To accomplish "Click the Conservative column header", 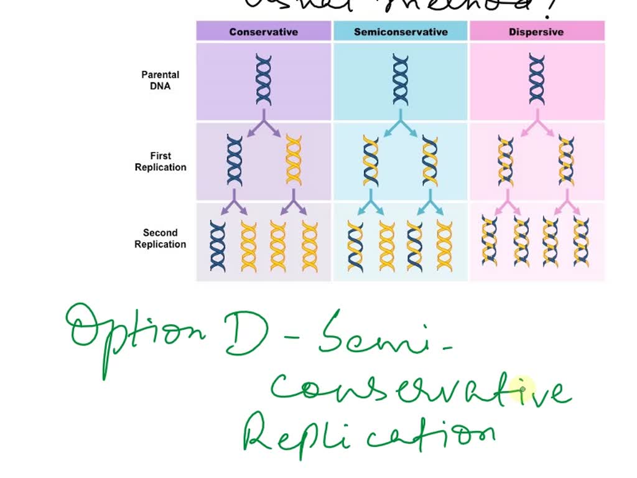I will pyautogui.click(x=263, y=32).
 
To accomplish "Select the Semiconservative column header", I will pyautogui.click(x=401, y=32).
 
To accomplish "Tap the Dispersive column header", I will pyautogui.click(x=536, y=32).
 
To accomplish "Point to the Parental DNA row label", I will pyautogui.click(x=160, y=80).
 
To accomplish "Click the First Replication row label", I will pyautogui.click(x=160, y=162).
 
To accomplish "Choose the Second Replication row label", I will pyautogui.click(x=160, y=238).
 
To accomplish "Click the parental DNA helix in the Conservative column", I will pyautogui.click(x=264, y=80).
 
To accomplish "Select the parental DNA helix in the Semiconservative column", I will pyautogui.click(x=401, y=80).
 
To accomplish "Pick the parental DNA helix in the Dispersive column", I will pyautogui.click(x=537, y=80).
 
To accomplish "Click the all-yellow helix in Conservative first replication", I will pyautogui.click(x=294, y=161).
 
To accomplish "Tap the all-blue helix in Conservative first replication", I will pyautogui.click(x=235, y=161).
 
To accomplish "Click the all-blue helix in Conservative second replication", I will pyautogui.click(x=218, y=246).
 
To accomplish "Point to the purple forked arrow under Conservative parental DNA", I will pyautogui.click(x=264, y=124).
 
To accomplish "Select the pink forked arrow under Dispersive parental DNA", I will pyautogui.click(x=537, y=124).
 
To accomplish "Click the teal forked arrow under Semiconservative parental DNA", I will pyautogui.click(x=401, y=124).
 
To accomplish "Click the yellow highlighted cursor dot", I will pyautogui.click(x=523, y=389).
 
